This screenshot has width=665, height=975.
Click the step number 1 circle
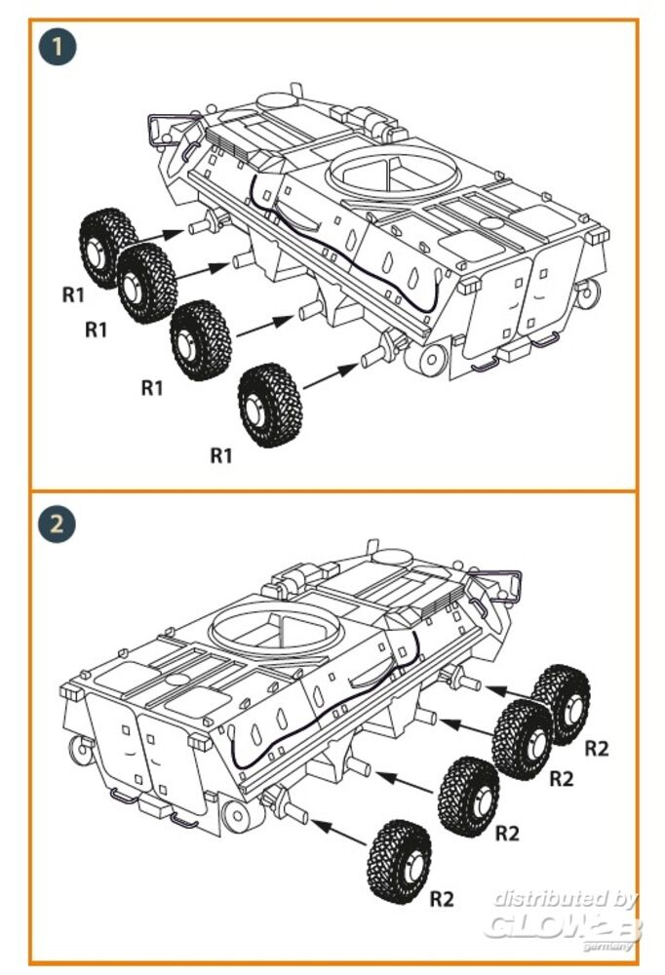pyautogui.click(x=58, y=47)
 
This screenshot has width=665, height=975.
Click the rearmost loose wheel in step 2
pyautogui.click(x=400, y=855)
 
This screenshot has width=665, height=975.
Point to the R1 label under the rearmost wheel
pyautogui.click(x=223, y=454)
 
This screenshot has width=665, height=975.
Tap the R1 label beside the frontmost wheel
pyautogui.click(x=74, y=295)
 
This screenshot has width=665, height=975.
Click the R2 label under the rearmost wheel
pyautogui.click(x=444, y=898)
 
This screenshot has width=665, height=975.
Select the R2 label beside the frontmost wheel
pyautogui.click(x=597, y=749)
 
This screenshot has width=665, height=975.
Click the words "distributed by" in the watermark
pyautogui.click(x=565, y=898)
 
